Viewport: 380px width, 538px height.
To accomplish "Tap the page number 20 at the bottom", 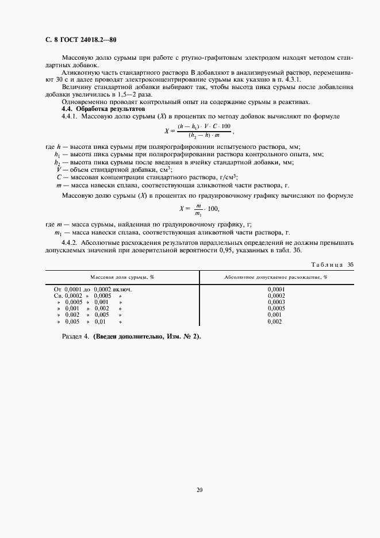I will [x=199, y=490].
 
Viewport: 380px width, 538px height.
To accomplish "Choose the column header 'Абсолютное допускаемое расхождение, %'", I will [x=275, y=276].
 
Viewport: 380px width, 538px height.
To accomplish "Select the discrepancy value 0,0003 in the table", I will [x=276, y=302].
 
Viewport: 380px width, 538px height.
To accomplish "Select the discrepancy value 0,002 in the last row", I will [x=276, y=321].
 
